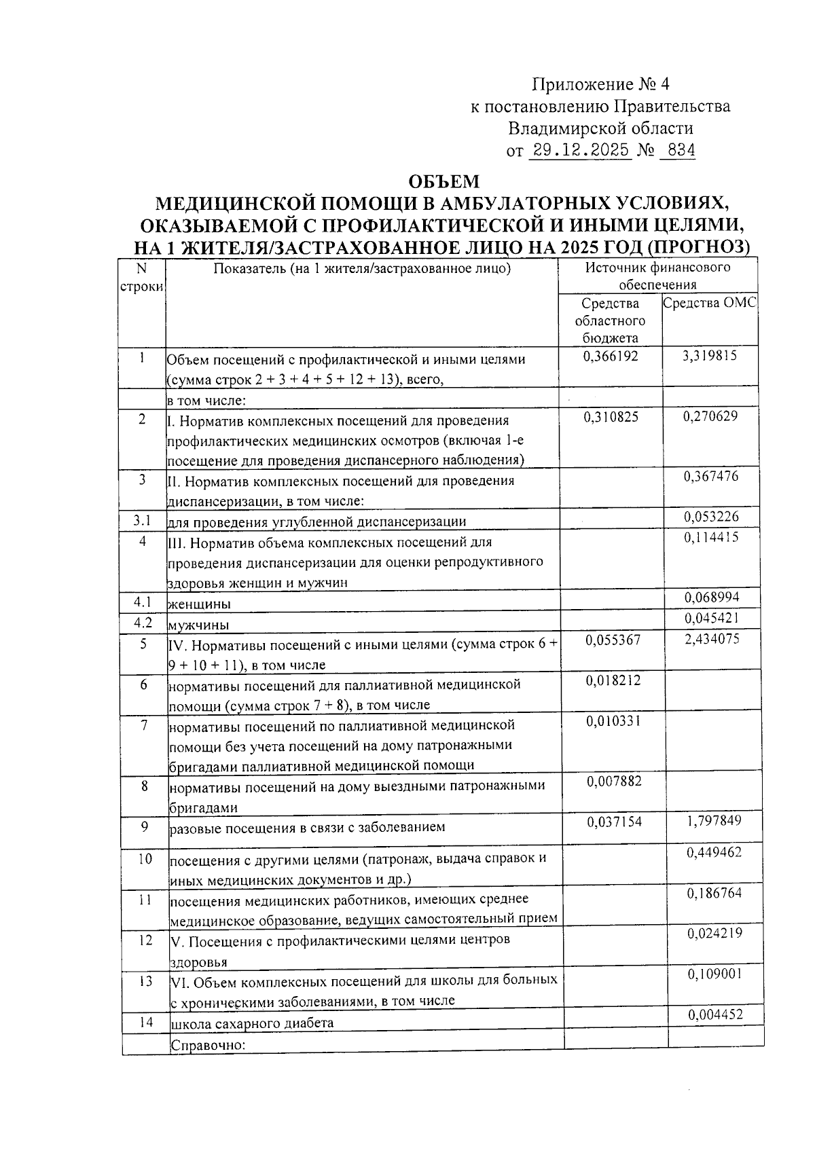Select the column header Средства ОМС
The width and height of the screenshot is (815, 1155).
[x=709, y=304]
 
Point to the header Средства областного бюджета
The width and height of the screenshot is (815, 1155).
[x=610, y=320]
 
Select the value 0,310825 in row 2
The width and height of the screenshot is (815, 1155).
[x=611, y=416]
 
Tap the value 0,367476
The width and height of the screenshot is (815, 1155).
[x=710, y=477]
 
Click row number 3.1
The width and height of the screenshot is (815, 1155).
[x=141, y=521]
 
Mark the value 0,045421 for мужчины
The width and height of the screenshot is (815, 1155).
[x=712, y=618]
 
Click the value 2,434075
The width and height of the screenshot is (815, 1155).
[x=712, y=639]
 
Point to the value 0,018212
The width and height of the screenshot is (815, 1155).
[x=613, y=680]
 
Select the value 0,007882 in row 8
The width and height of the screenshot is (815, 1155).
[x=614, y=782]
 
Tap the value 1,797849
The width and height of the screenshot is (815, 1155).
[x=714, y=821]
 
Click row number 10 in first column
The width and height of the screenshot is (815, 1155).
[x=145, y=859]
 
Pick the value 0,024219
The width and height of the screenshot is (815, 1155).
[x=714, y=934]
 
